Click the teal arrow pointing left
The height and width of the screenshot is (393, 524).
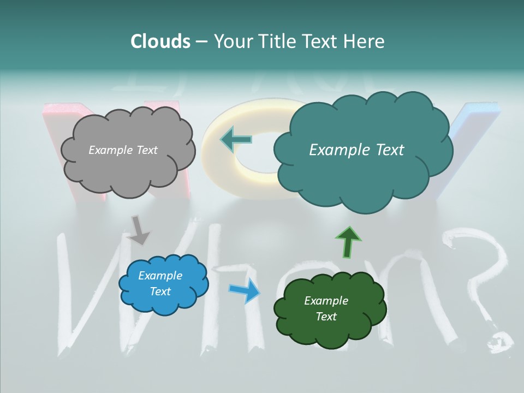point(236,140)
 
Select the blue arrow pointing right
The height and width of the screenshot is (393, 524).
point(245,290)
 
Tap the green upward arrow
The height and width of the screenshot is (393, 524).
point(348,242)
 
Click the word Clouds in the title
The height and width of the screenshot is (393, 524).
point(160,41)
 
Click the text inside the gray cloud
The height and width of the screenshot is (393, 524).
point(123,150)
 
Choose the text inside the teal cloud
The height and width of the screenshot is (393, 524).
point(356,150)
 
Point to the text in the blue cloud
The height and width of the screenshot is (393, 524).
point(160,283)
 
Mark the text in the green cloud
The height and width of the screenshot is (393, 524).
point(326,308)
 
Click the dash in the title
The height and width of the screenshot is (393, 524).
point(201,41)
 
